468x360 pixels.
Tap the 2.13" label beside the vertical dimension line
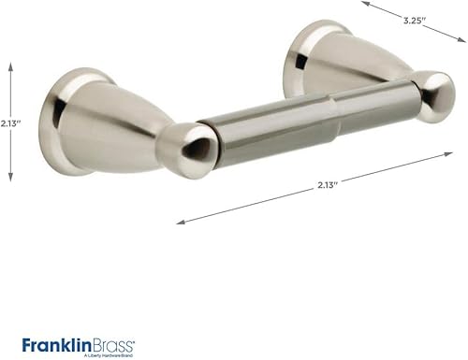click(11, 122)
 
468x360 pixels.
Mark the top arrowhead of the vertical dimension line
click(11, 66)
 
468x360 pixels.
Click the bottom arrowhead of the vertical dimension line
click(11, 180)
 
